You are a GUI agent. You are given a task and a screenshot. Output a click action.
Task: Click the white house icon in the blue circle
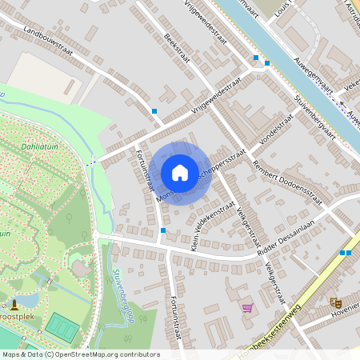[x=180, y=173]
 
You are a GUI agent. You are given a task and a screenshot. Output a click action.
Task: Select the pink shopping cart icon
[x=247, y=307]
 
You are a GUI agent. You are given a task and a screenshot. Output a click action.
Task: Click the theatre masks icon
[x=335, y=302]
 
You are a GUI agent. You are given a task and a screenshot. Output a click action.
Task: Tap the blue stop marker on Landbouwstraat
[x=154, y=110]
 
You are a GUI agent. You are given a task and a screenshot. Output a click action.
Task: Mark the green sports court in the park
[x=62, y=326]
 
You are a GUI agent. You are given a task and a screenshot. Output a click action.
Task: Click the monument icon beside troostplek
[x=14, y=304]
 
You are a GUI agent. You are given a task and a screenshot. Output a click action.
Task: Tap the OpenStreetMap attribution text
[x=80, y=354]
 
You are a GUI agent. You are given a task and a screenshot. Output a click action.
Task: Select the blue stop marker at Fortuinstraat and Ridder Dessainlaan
[x=162, y=230]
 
